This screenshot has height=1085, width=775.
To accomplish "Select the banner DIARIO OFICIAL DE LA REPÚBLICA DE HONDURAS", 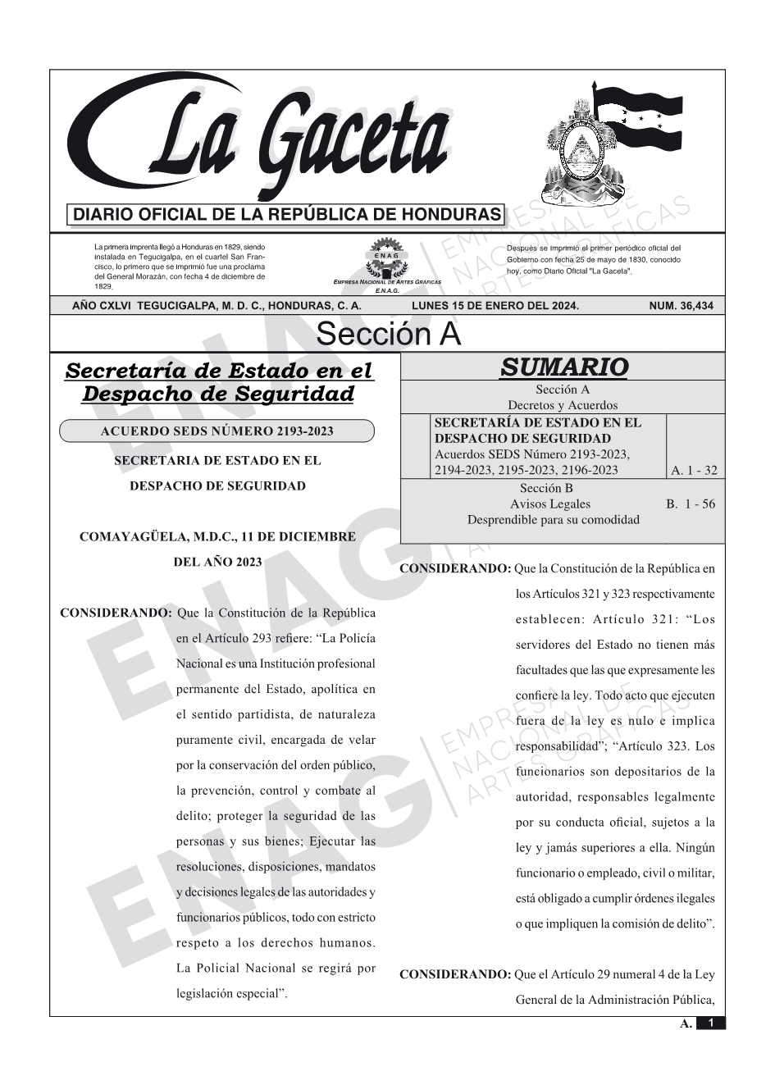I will tap(286, 215).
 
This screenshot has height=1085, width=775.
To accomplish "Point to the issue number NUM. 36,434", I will tap(681, 306).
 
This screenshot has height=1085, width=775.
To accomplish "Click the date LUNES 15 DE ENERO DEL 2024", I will tap(495, 306).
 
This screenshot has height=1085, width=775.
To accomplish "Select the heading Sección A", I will tap(388, 335).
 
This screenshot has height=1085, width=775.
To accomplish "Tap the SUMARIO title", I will tap(563, 367).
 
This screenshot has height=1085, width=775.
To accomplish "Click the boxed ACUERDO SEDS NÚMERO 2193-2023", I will tap(217, 431).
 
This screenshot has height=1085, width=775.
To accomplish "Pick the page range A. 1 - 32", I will tap(694, 470).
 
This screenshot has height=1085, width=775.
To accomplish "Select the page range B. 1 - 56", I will tap(691, 504).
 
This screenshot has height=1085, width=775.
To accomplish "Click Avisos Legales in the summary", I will tap(549, 504).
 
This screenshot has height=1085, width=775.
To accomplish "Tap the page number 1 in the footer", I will tap(711, 1023).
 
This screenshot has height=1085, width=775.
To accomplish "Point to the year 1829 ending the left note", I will tap(103, 287).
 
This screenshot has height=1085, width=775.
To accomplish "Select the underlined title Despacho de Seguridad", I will tap(218, 394).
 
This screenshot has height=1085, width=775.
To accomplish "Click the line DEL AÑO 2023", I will tap(217, 562).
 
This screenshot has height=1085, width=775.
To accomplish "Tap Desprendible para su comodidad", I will tap(553, 519).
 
